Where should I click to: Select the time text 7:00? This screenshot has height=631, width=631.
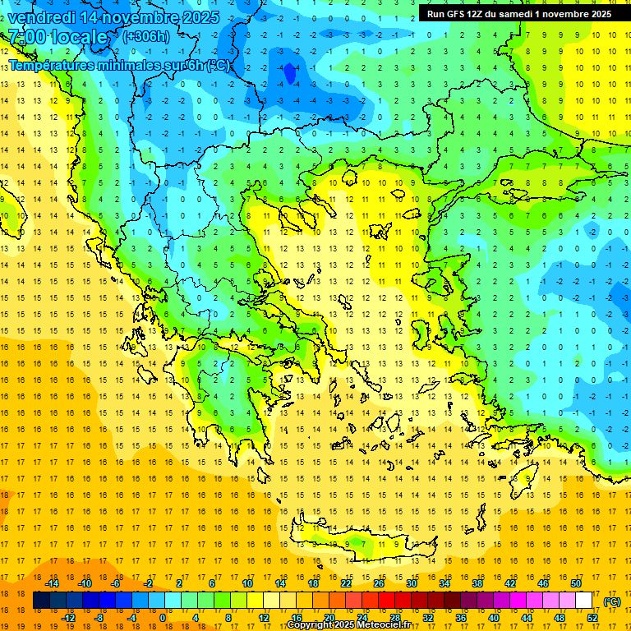[26, 37]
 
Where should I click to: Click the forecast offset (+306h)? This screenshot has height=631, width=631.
[145, 37]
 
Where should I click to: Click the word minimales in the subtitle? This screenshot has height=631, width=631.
[128, 65]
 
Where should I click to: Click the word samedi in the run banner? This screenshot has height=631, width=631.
[523, 14]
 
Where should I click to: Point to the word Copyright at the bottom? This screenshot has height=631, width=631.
[311, 625]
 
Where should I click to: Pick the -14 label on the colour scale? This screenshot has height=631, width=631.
[53, 583]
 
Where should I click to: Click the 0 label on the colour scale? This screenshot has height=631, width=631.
[162, 618]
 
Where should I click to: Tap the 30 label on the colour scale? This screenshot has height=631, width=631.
[412, 583]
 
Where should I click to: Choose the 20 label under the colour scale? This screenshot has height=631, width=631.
[329, 618]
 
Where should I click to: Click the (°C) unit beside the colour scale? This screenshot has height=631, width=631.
[612, 601]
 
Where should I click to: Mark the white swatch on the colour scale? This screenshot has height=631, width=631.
[583, 601]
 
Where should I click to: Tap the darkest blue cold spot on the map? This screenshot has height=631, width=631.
[289, 74]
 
